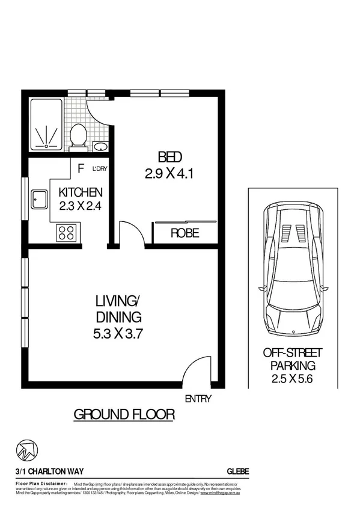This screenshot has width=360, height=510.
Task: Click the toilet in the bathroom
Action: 78,135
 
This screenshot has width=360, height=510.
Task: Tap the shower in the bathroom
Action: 45,124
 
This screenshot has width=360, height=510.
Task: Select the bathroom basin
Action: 100,146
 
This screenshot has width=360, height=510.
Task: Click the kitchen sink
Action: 40,198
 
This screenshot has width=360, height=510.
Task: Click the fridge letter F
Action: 80,168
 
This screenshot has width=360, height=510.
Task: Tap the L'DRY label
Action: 99,169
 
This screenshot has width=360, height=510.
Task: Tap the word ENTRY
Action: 198,398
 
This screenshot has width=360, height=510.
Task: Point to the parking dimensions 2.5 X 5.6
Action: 292,379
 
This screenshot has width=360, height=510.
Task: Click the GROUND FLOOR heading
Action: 124,414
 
